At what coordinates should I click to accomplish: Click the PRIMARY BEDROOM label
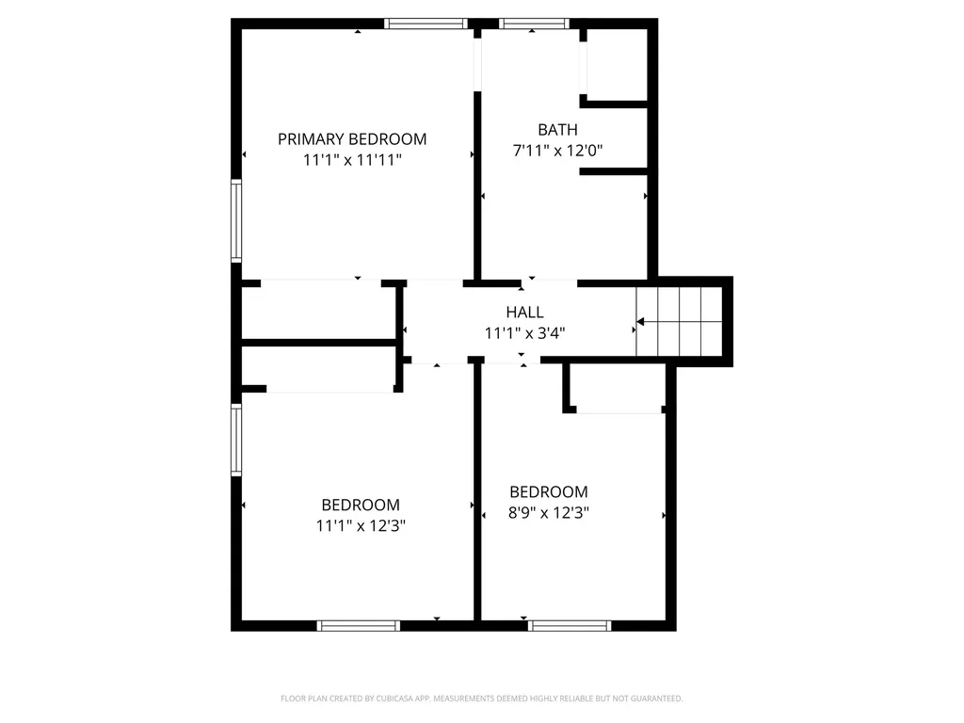point(351,139)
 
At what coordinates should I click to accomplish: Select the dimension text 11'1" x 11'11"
point(352,160)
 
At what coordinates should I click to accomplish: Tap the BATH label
point(557,130)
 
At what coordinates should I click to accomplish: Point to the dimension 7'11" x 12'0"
point(557,151)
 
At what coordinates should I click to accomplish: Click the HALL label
point(524,312)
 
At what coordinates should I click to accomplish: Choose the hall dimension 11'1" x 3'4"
point(524,332)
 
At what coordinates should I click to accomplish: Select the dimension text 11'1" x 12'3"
point(361,525)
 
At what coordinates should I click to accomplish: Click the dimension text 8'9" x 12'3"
point(549,512)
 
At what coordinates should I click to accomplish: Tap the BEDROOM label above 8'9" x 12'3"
point(549,491)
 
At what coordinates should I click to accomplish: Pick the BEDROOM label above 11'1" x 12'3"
point(361,505)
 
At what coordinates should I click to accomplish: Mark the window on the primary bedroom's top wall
point(426,24)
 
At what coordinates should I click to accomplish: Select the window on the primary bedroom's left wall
point(236,221)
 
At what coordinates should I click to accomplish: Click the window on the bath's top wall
point(534,24)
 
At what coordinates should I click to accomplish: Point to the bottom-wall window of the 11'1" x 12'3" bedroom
point(359,625)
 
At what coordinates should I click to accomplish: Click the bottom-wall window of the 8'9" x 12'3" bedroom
point(570,625)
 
